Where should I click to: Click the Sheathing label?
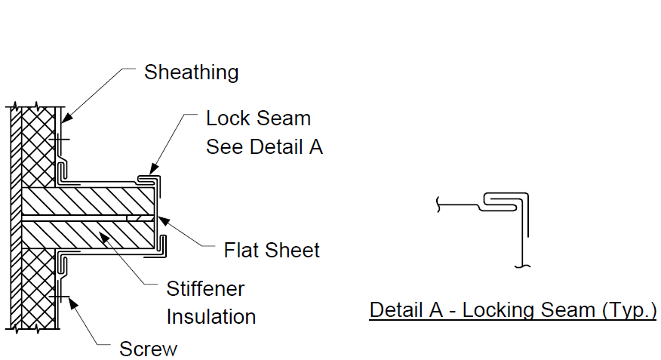point(192,72)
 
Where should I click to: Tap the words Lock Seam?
point(258,118)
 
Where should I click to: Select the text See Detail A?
point(264,147)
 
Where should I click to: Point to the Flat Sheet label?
point(272,251)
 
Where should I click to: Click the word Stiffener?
point(205,289)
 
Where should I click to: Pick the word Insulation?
point(211,316)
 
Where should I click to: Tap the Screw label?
point(149,349)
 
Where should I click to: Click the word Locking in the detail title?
point(529,311)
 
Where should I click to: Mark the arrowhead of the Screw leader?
point(73,303)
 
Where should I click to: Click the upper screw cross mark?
point(59,139)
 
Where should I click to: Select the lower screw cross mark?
point(59,297)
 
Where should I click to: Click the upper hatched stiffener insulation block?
point(88,202)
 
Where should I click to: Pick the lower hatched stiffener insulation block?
point(88,235)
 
